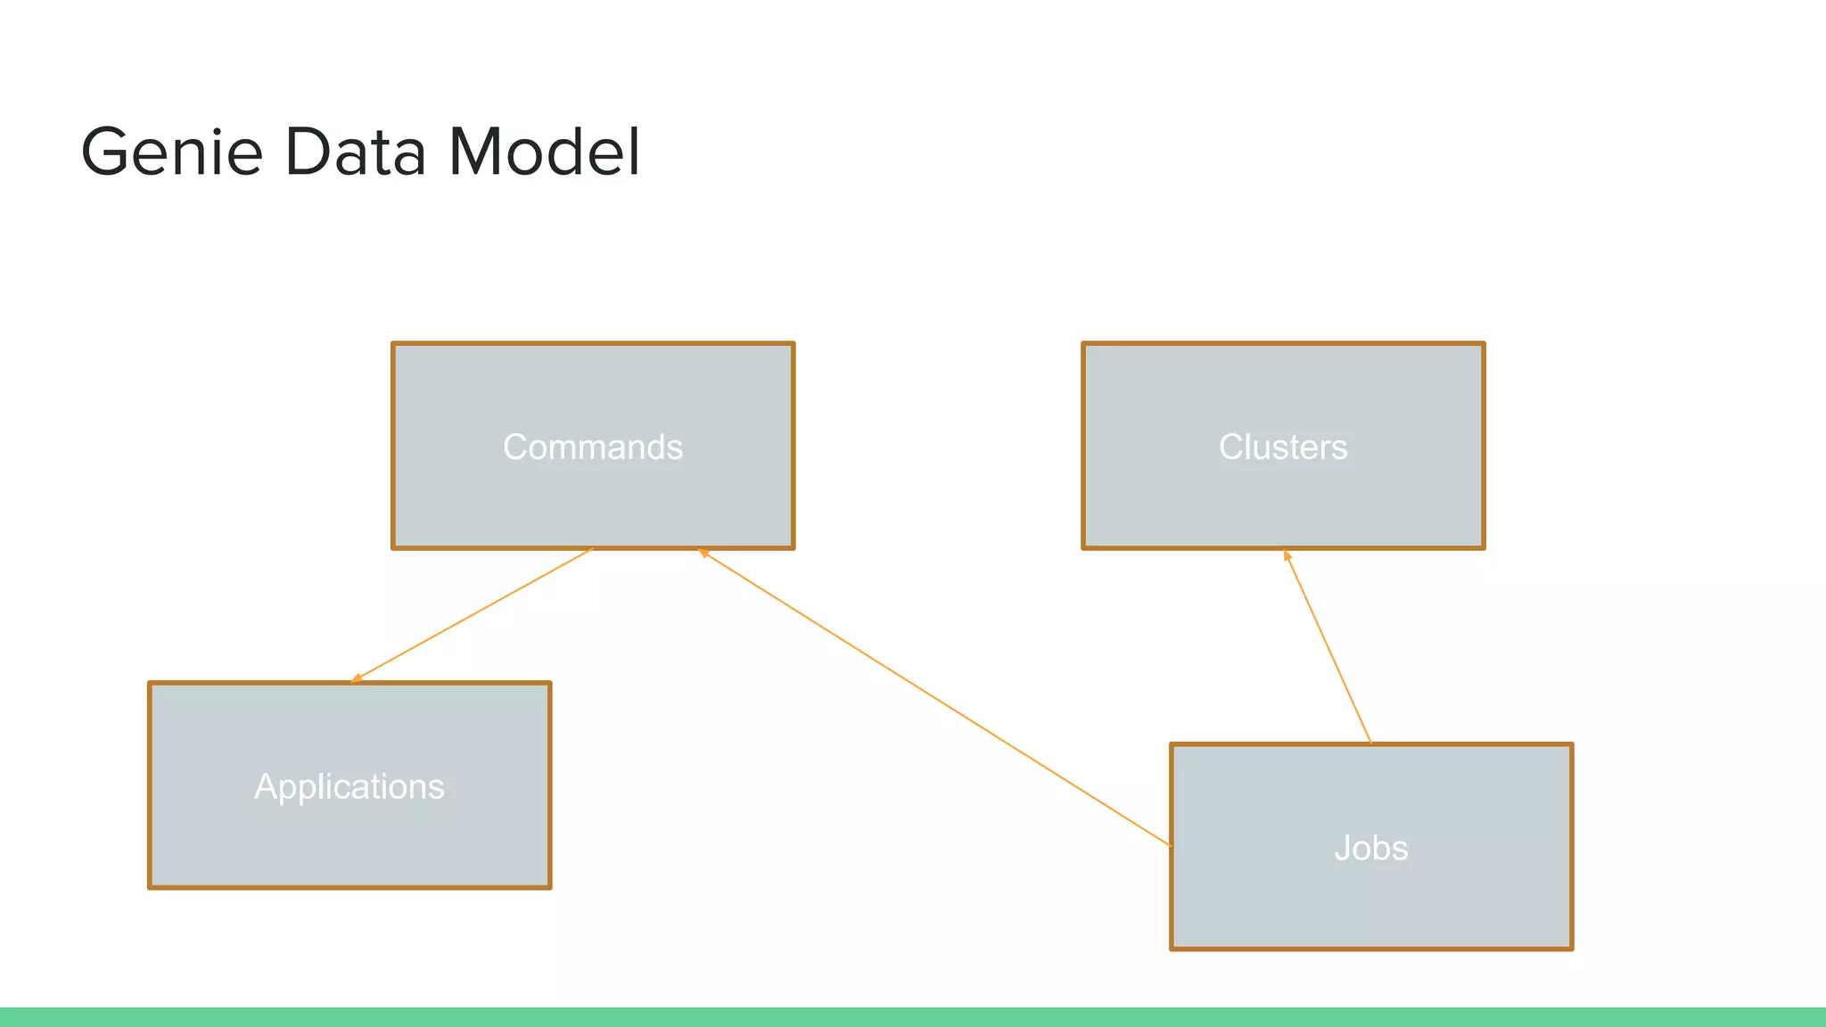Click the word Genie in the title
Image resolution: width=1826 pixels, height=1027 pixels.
[x=171, y=152]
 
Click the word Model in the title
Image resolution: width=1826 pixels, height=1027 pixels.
[x=544, y=152]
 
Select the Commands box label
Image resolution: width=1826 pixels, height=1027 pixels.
[x=593, y=447]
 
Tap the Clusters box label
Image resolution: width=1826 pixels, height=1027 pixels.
[x=1283, y=447]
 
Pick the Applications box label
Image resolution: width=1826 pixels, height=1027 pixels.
[x=350, y=786]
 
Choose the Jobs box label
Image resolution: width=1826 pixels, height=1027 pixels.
[x=1371, y=848]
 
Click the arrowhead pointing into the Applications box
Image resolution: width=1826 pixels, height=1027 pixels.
[x=355, y=679]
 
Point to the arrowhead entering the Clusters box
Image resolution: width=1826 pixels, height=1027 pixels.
[x=1287, y=555]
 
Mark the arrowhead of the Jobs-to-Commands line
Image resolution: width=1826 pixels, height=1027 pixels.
[x=703, y=553]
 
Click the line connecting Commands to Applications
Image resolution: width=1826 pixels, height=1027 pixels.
[x=473, y=614]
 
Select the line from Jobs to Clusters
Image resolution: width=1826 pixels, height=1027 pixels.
[x=1328, y=648]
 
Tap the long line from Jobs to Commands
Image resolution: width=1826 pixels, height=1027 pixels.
[x=936, y=699]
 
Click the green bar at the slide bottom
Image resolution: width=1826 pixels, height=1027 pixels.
[x=913, y=1017]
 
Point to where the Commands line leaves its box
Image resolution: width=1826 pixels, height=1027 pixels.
[x=591, y=549]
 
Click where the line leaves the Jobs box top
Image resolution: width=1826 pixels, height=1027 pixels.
[x=1370, y=743]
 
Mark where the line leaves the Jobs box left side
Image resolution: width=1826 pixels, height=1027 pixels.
[x=1171, y=845]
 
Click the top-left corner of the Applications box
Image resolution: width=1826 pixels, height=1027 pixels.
[x=150, y=684]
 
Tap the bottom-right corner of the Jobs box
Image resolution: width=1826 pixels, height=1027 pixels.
[x=1571, y=949]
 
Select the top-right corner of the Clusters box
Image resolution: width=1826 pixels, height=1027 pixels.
[x=1484, y=344]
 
